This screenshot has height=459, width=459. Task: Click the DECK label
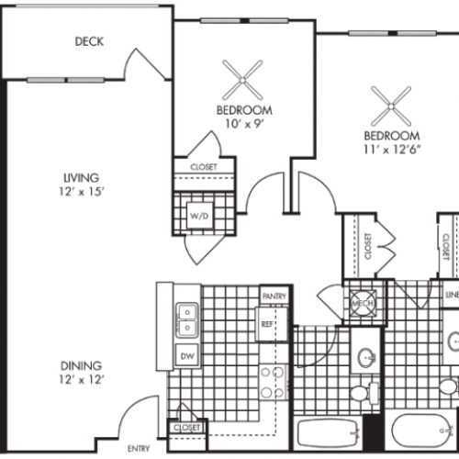pyautogui.click(x=90, y=41)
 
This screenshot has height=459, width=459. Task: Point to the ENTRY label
pyautogui.click(x=140, y=448)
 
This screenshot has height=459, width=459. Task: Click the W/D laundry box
pyautogui.click(x=198, y=217)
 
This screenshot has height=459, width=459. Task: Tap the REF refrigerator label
pyautogui.click(x=268, y=324)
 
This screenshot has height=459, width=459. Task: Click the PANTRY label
pyautogui.click(x=274, y=297)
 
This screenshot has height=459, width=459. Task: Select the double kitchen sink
pyautogui.click(x=187, y=319)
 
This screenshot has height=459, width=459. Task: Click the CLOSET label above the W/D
pyautogui.click(x=202, y=167)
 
